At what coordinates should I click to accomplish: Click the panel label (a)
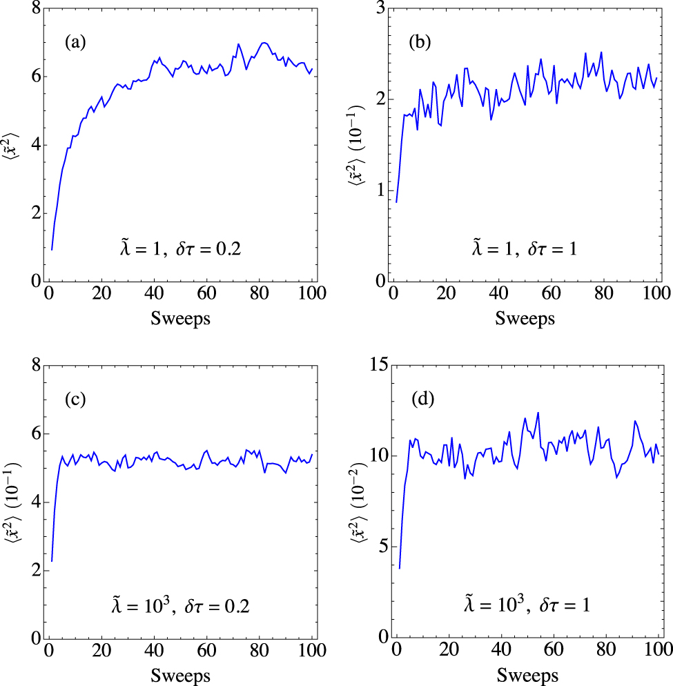pyautogui.click(x=75, y=43)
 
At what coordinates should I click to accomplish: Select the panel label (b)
pyautogui.click(x=420, y=43)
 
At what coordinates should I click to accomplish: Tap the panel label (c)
pyautogui.click(x=75, y=400)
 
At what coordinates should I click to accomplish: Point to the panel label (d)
pyautogui.click(x=420, y=400)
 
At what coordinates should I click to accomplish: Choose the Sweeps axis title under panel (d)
pyautogui.click(x=525, y=674)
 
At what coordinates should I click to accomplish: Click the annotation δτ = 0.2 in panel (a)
pyautogui.click(x=207, y=249)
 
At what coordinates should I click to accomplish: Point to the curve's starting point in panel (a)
pyautogui.click(x=52, y=250)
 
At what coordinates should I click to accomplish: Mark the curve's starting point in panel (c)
pyautogui.click(x=52, y=561)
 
